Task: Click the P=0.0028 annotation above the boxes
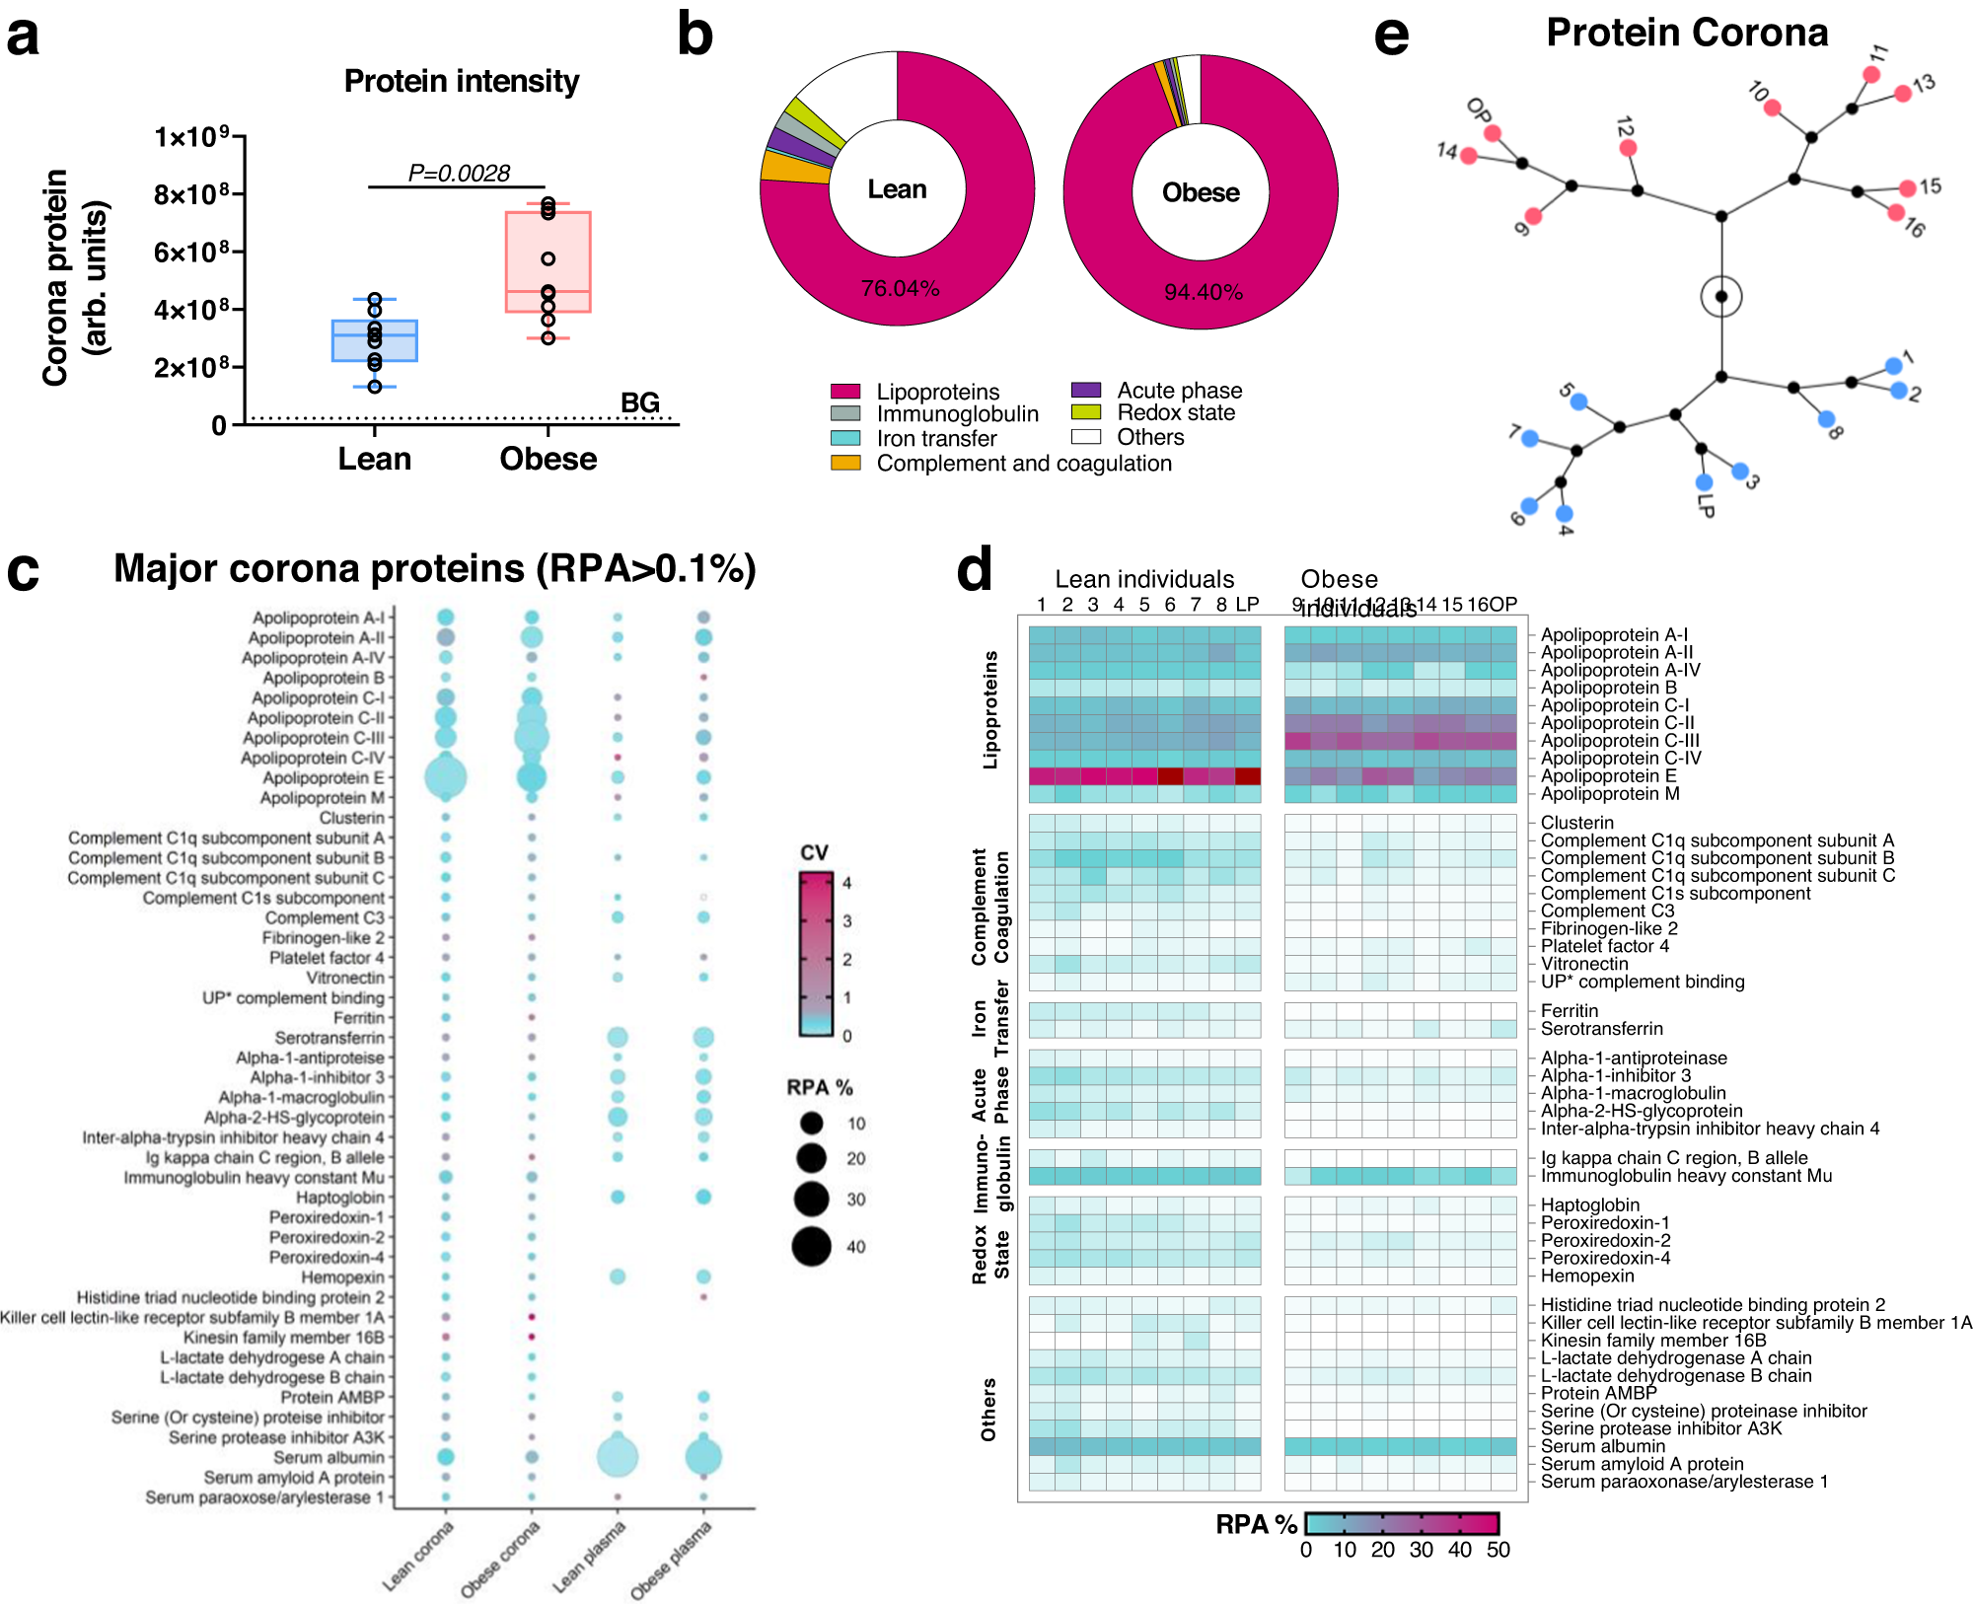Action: tap(459, 174)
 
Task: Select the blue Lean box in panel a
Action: tap(375, 340)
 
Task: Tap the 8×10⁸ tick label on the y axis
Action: tap(191, 194)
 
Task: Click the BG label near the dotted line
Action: tap(639, 402)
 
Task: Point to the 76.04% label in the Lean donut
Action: tap(900, 288)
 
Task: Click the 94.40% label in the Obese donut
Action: tap(1204, 292)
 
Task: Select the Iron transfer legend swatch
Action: tap(845, 438)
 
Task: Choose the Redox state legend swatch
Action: tap(1086, 412)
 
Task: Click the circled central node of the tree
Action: tap(1721, 297)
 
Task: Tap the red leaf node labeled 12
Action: tap(1628, 148)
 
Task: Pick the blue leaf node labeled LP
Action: tap(1704, 482)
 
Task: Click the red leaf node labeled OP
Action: tap(1493, 133)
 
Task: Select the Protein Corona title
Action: tap(1687, 33)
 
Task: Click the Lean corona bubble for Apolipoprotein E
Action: tap(446, 777)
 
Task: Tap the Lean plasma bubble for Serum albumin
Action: tap(618, 1457)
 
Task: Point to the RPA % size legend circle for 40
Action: tap(812, 1247)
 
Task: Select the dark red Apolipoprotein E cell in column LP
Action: tap(1247, 776)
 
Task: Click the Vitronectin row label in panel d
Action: tap(1584, 964)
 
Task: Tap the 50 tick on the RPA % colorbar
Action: tap(1498, 1550)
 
